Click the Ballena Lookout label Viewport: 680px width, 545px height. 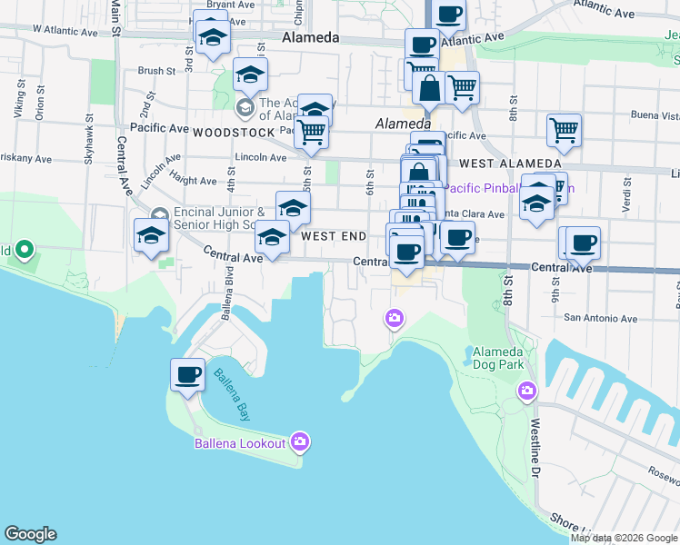click(240, 444)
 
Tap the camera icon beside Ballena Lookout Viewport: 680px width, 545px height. click(301, 443)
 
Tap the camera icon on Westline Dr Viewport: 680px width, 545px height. click(526, 391)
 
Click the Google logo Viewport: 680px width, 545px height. click(30, 534)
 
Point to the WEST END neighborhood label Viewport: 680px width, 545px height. click(334, 236)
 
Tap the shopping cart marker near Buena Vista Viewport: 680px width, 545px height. click(564, 131)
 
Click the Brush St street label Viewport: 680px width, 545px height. click(156, 71)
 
